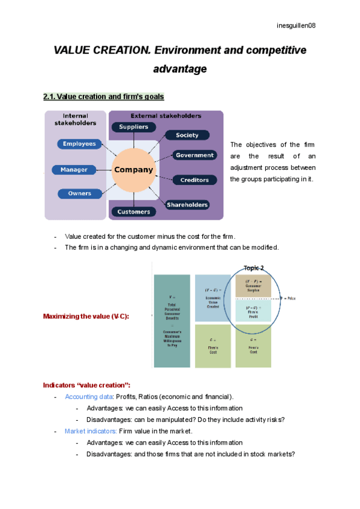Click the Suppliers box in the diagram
[134, 127]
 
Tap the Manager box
[74, 170]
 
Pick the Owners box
[79, 193]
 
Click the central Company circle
[133, 170]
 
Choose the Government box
[194, 155]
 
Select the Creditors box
[194, 180]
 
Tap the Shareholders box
[187, 205]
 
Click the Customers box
[133, 212]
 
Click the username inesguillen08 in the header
[296, 25]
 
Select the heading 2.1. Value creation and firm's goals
[103, 97]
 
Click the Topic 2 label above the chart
[254, 268]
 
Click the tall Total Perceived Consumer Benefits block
[172, 321]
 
